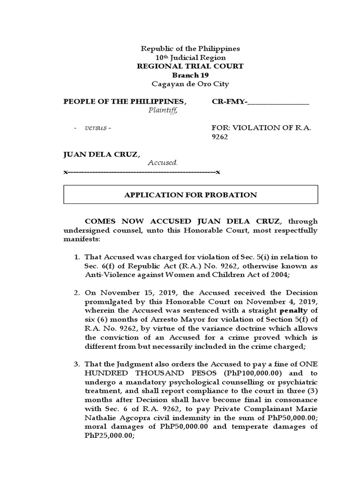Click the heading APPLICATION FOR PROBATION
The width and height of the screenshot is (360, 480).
pyautogui.click(x=190, y=195)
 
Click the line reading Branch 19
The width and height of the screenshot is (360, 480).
pyautogui.click(x=190, y=75)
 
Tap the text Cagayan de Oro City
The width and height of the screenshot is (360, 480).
pyautogui.click(x=190, y=84)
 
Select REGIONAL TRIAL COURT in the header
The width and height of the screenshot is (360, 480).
pyautogui.click(x=190, y=66)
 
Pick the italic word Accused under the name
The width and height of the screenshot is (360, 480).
pyautogui.click(x=163, y=163)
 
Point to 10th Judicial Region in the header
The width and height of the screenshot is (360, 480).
pyautogui.click(x=190, y=57)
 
